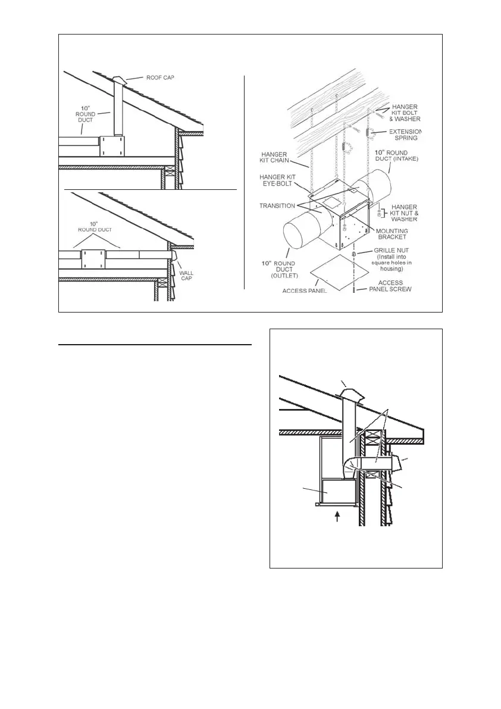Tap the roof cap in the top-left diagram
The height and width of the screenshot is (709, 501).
[x=119, y=80]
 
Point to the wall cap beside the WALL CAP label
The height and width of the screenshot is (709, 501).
[x=174, y=255]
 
